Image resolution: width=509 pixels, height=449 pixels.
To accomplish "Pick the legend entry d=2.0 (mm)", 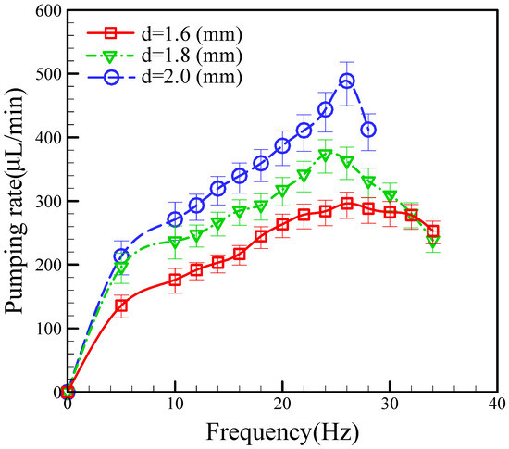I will tap(176, 76).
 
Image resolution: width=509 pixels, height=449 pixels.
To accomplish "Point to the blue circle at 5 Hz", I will tap(121, 256).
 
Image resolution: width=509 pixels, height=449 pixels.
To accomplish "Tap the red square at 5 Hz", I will tap(121, 305).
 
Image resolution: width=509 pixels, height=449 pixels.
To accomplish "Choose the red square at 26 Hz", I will tap(347, 204).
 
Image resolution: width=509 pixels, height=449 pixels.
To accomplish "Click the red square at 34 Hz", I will tap(432, 231).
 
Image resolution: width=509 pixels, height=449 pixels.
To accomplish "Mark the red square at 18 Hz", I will tap(261, 236).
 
